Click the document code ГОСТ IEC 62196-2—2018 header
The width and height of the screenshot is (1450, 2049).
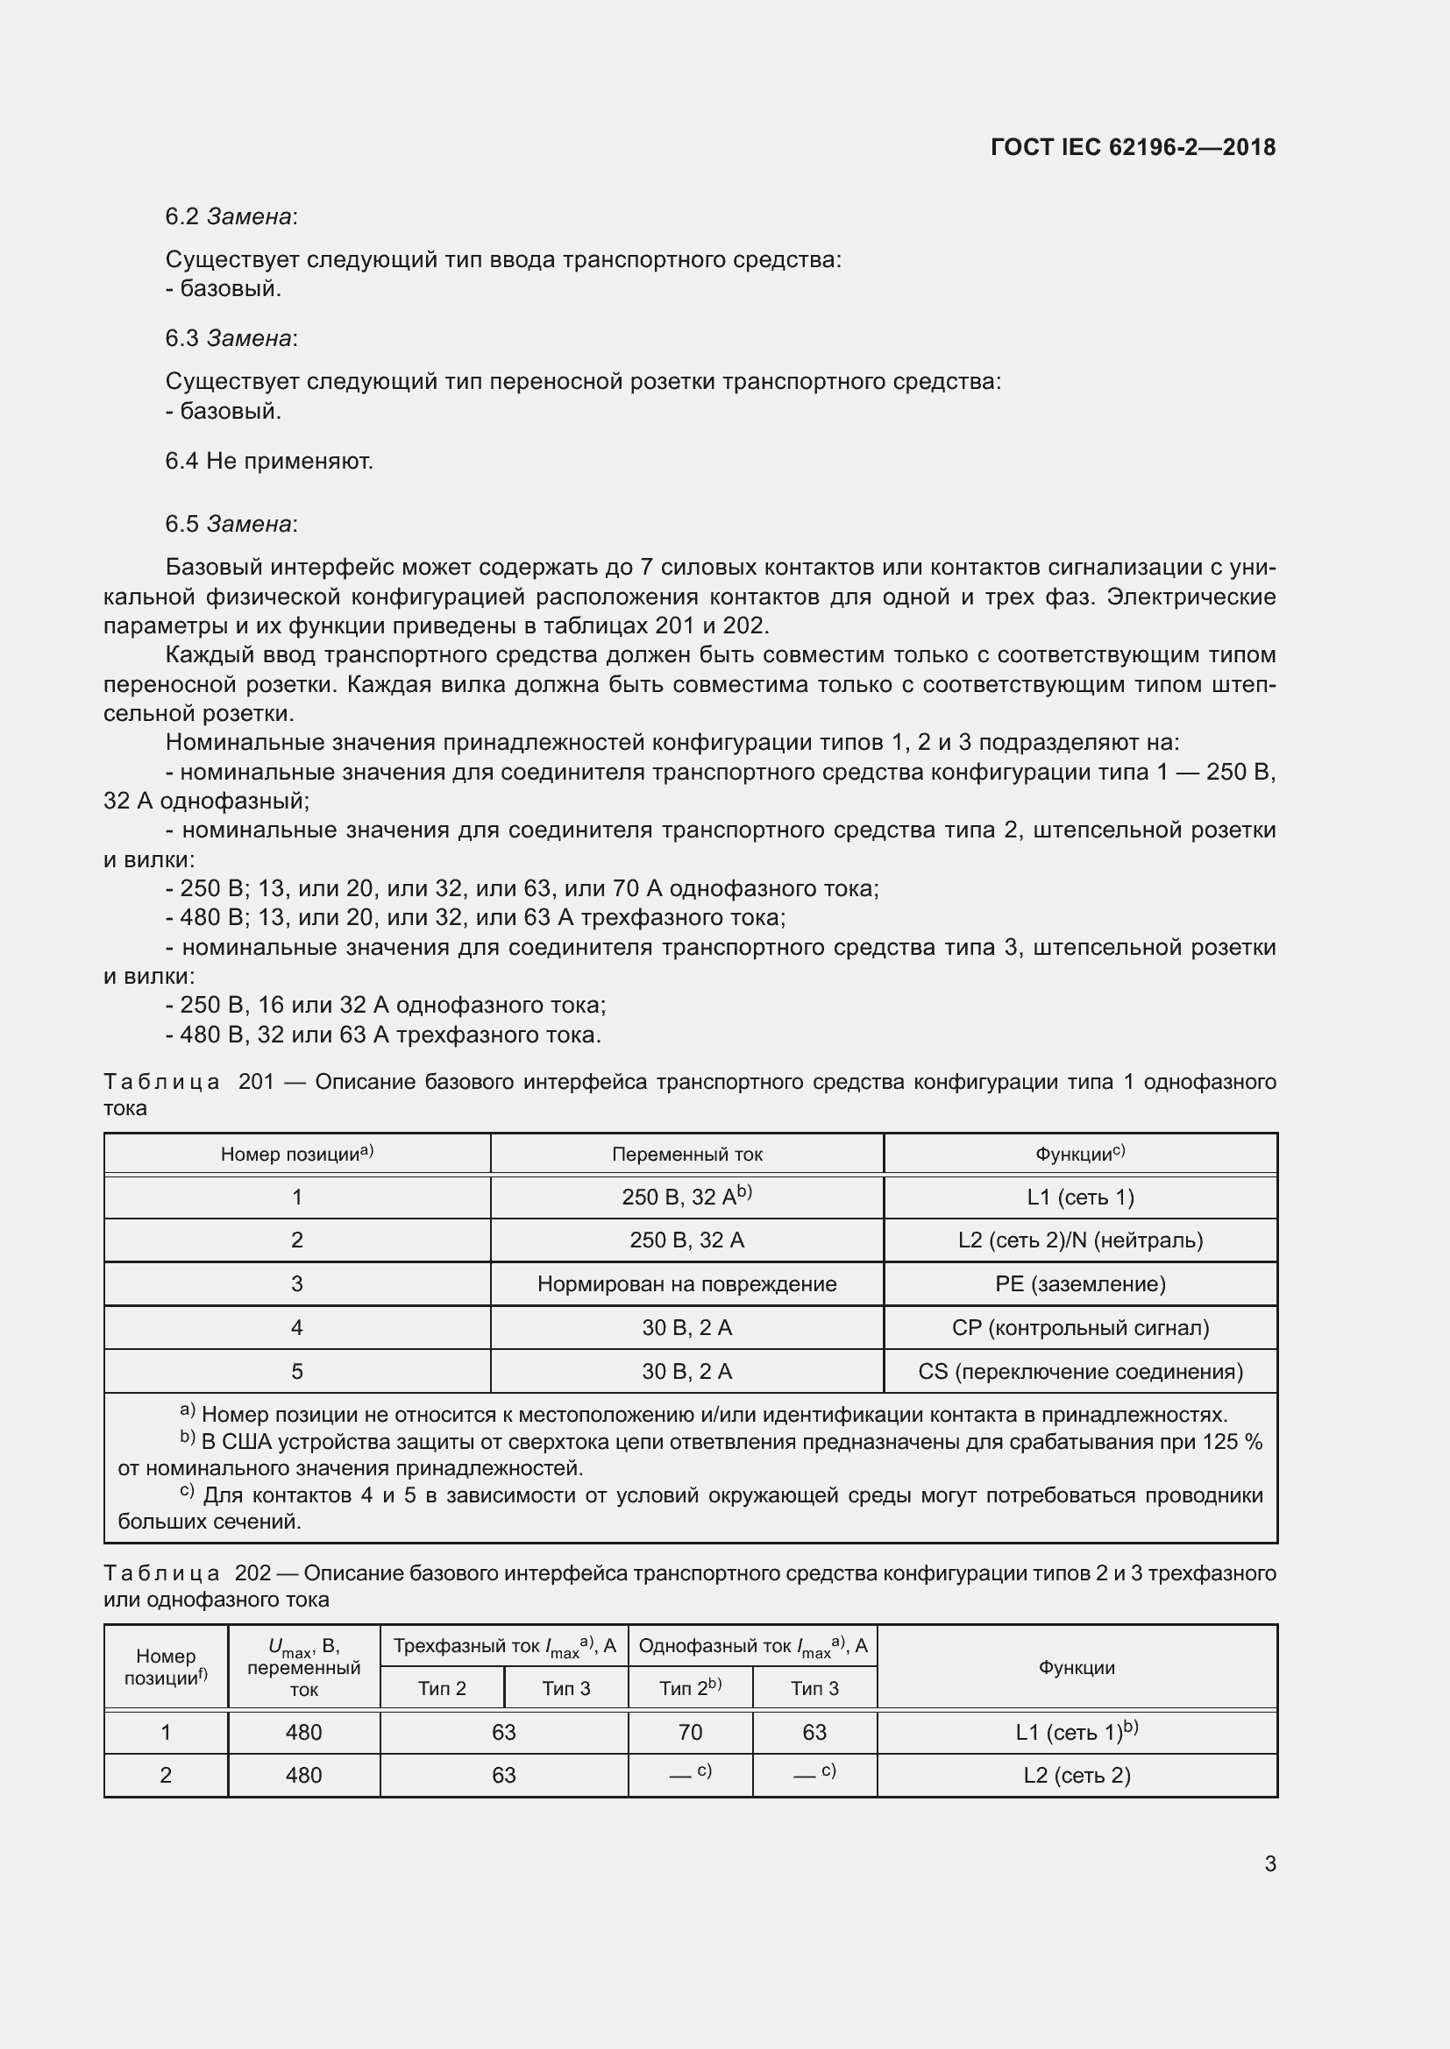point(1132,147)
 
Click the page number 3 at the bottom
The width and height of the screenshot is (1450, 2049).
point(1269,1863)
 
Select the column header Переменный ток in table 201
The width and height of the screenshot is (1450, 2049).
point(686,1154)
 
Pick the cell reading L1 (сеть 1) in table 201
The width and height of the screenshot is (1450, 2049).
point(1080,1197)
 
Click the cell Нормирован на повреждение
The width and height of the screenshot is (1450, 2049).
point(686,1283)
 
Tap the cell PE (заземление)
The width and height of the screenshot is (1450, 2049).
point(1080,1283)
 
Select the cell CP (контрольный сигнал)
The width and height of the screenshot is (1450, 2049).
point(1080,1327)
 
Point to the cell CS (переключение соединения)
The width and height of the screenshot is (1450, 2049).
point(1080,1371)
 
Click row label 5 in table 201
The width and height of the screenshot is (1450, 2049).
point(297,1371)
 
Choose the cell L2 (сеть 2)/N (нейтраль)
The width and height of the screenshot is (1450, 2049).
point(1080,1240)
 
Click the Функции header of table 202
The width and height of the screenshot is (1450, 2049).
point(1076,1667)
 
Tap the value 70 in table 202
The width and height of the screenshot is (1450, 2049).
point(690,1732)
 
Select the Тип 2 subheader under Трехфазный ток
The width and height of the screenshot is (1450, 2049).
point(442,1688)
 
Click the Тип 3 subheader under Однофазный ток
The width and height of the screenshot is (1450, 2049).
point(814,1688)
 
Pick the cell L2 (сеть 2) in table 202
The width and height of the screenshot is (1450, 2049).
point(1076,1775)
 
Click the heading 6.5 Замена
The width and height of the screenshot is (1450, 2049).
point(231,524)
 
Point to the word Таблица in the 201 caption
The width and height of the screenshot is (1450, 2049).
point(161,1082)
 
